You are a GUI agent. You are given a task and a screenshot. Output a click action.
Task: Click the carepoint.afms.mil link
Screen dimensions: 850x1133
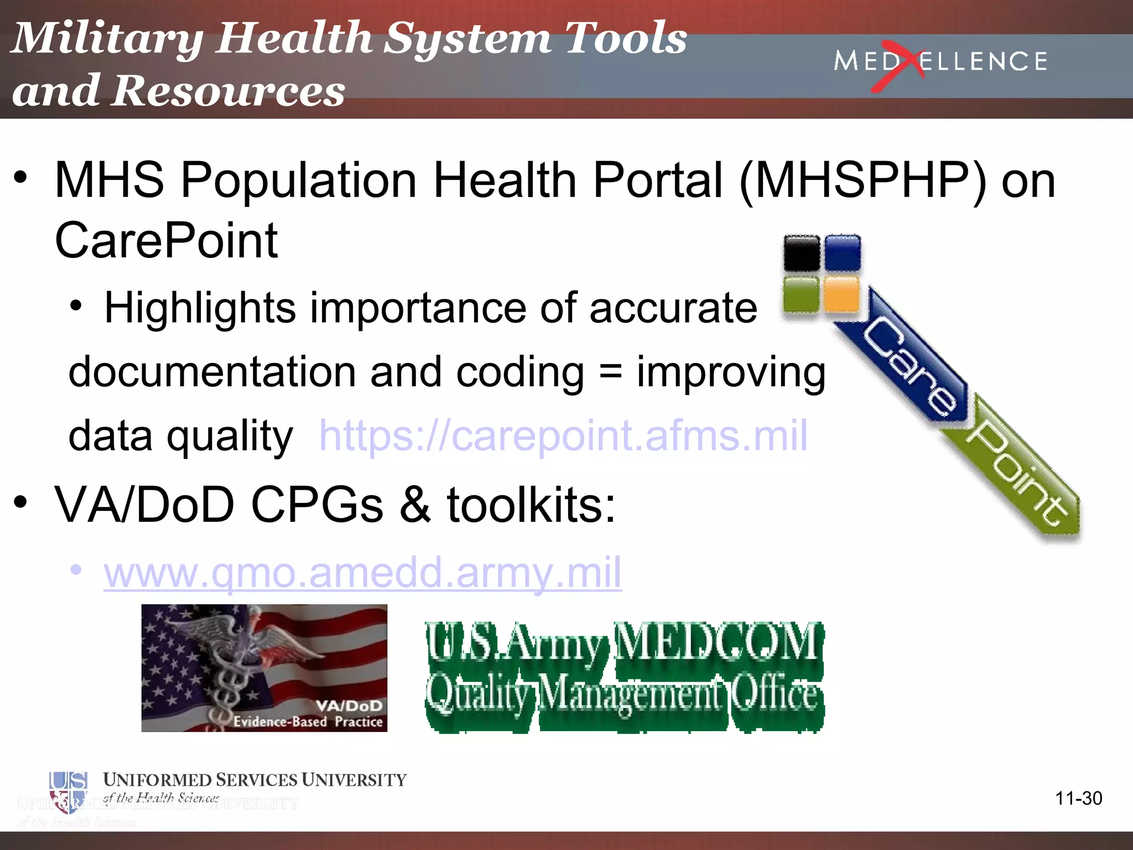point(563,436)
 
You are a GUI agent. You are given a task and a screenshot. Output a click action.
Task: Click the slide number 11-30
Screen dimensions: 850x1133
point(1078,798)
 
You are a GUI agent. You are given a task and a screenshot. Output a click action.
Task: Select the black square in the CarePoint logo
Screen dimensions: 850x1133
point(802,253)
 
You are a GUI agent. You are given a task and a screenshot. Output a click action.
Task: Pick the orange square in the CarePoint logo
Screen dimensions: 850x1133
point(841,294)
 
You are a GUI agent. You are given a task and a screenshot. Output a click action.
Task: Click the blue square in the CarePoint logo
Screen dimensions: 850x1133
point(843,253)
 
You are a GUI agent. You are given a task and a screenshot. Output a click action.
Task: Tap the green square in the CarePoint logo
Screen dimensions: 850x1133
point(801,294)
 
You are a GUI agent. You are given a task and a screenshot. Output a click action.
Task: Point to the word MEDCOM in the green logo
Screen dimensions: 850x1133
point(718,642)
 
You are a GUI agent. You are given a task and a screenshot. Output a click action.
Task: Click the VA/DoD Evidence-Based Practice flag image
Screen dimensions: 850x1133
point(264,668)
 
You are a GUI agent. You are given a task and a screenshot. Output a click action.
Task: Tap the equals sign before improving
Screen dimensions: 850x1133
point(610,372)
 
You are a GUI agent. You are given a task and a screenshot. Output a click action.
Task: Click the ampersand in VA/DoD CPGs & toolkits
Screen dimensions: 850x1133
point(415,505)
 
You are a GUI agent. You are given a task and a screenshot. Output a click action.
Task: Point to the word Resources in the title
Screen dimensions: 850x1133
point(230,90)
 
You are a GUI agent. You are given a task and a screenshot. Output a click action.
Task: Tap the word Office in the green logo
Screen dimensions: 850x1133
point(775,694)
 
